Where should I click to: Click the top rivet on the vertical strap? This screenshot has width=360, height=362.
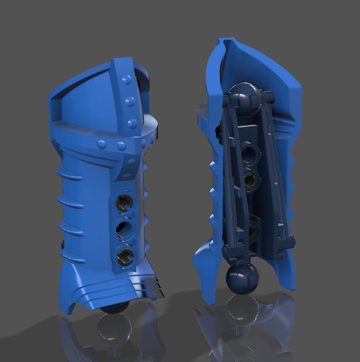pyautogui.click(x=127, y=80)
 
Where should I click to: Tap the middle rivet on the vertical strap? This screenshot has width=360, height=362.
pyautogui.click(x=130, y=101)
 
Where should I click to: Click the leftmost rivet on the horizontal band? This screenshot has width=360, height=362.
pyautogui.click(x=101, y=144)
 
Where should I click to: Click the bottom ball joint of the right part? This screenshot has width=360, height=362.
pyautogui.click(x=242, y=279)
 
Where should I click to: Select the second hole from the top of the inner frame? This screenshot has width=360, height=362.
pyautogui.click(x=252, y=180)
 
